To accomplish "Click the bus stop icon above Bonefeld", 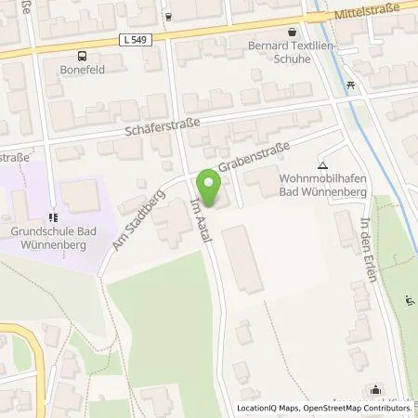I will (82, 55).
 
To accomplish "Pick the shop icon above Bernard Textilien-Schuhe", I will (292, 31).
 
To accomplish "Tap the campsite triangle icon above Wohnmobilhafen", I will (322, 161).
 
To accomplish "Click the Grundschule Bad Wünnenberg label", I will (56, 229).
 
